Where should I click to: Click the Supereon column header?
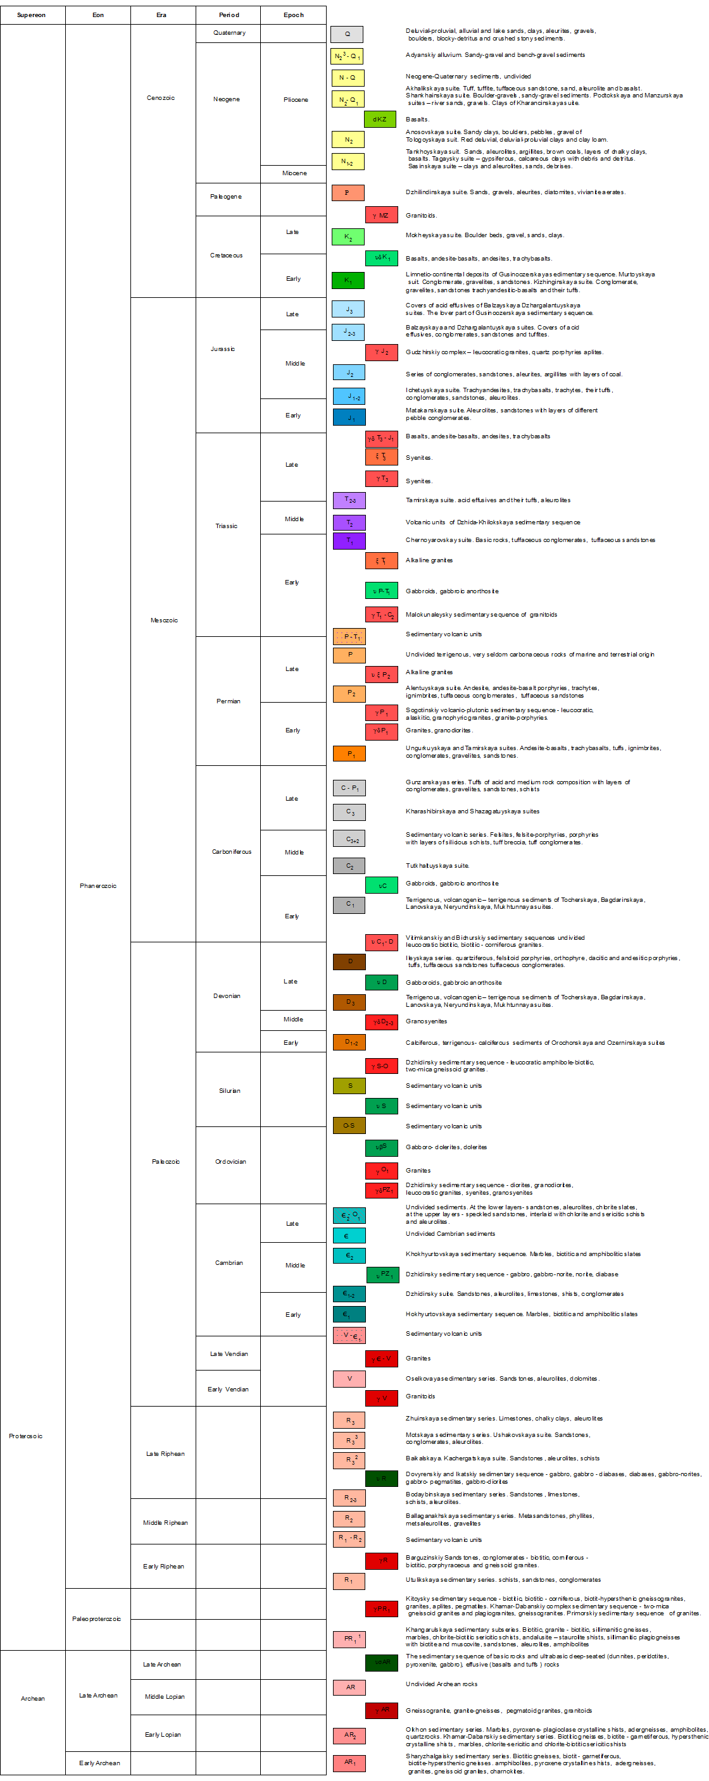(32, 15)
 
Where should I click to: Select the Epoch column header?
(293, 15)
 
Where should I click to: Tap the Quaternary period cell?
(229, 33)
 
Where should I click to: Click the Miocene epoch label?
(294, 173)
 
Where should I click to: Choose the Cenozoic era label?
(161, 98)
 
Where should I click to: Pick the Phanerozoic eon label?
(97, 886)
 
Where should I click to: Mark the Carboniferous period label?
(232, 852)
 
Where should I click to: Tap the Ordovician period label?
(230, 1162)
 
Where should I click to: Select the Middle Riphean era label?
(165, 1522)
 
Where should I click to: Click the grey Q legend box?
(348, 34)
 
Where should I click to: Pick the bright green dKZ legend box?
(380, 120)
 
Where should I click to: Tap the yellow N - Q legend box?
(348, 77)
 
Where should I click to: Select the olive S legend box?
(349, 1085)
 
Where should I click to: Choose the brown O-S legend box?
(349, 1126)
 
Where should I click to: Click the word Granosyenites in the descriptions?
(426, 1021)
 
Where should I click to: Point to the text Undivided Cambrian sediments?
(450, 1233)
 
